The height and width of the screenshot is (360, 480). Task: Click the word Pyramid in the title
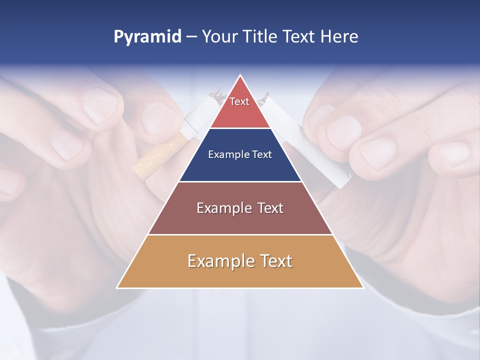pyautogui.click(x=147, y=37)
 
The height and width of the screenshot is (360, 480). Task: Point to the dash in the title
pyautogui.click(x=191, y=37)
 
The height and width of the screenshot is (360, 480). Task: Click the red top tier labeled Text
pyautogui.click(x=240, y=107)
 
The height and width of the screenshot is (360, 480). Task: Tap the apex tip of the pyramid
pyautogui.click(x=240, y=75)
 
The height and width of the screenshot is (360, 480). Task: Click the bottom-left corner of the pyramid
pyautogui.click(x=117, y=287)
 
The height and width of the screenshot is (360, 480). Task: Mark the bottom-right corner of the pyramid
pyautogui.click(x=363, y=287)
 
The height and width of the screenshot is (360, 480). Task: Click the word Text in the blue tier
pyautogui.click(x=262, y=154)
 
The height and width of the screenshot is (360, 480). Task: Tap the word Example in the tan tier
pyautogui.click(x=220, y=261)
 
